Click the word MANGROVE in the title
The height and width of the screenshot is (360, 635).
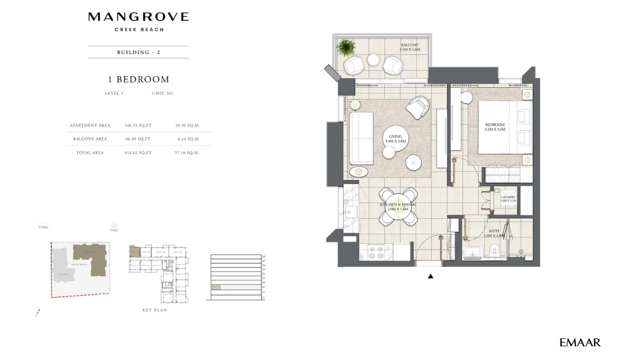138,17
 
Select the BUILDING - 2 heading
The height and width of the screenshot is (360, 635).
138,52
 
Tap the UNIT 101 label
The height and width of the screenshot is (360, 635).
162,93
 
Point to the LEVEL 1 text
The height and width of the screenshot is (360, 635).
114,93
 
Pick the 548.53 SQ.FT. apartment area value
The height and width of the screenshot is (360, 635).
138,125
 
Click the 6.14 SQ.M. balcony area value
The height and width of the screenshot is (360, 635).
187,139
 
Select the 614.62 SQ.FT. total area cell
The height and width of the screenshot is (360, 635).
138,152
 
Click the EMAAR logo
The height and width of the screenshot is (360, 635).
580,343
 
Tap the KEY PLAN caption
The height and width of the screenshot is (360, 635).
155,310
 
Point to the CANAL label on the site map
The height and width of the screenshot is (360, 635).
43,227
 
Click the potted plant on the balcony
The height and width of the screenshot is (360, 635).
346,48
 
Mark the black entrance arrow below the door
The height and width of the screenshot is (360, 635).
431,276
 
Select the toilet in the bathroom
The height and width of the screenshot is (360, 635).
493,249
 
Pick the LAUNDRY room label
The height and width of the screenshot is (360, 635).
508,199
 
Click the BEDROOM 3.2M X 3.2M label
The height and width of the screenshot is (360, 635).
495,127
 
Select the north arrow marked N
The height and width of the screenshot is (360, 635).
38,313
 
